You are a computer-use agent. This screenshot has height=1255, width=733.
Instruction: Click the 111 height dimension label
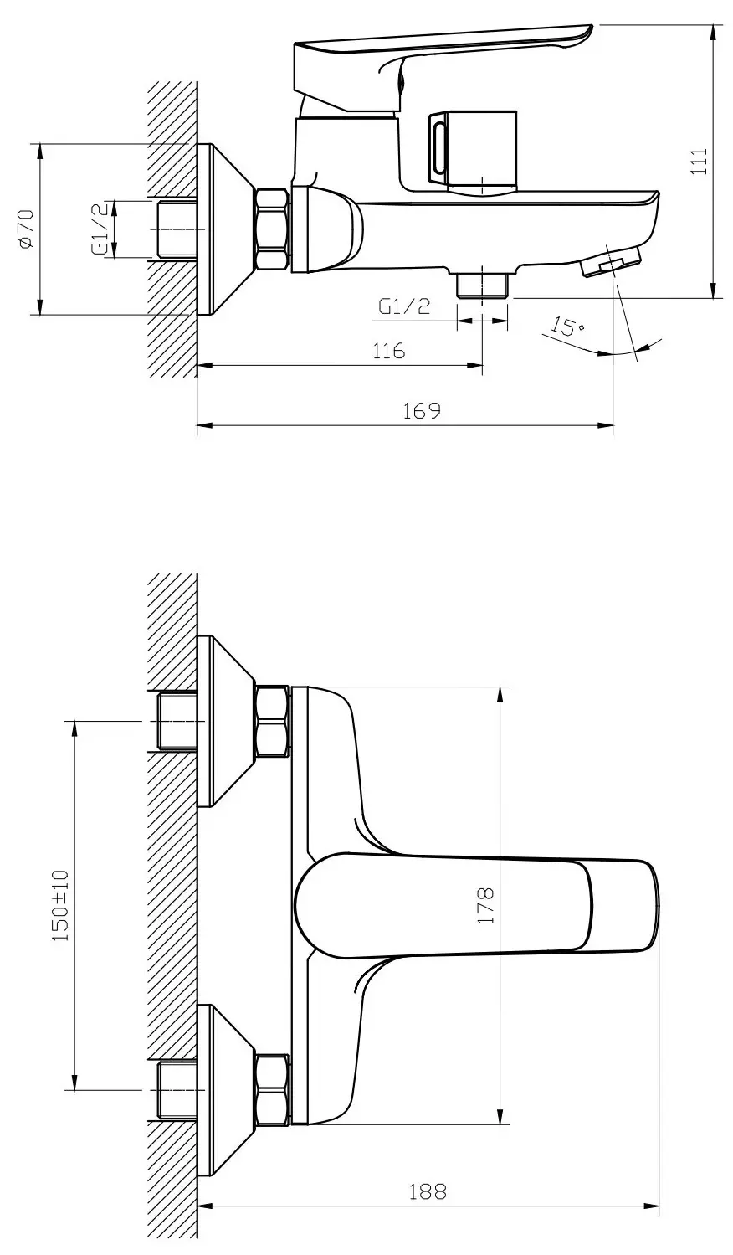click(x=701, y=161)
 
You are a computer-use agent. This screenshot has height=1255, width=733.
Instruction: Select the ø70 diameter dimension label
click(x=26, y=229)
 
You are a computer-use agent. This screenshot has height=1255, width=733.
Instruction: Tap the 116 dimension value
click(x=388, y=350)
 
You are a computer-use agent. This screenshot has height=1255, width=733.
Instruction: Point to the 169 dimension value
click(x=422, y=411)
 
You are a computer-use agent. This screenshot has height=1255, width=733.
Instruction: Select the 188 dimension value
click(x=428, y=1191)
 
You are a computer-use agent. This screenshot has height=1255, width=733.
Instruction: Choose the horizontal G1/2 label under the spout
click(x=404, y=306)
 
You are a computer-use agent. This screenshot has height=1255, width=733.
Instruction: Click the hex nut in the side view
click(x=272, y=229)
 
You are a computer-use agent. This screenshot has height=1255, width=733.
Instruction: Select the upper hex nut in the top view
click(x=272, y=721)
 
